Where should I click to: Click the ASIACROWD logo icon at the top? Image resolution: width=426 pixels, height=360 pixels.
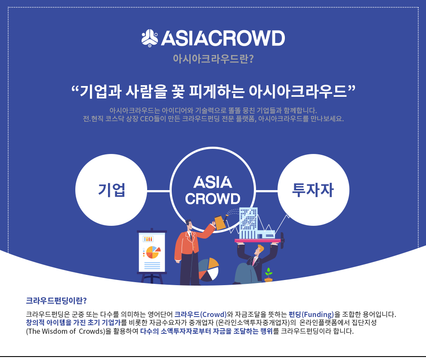[149, 38]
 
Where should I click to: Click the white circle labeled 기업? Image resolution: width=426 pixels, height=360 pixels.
[111, 190]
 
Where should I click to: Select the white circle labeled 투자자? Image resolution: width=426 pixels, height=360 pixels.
[313, 190]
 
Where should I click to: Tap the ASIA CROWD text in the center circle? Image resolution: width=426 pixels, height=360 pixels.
[213, 190]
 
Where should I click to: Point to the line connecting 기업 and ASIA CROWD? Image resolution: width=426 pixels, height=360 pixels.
[158, 191]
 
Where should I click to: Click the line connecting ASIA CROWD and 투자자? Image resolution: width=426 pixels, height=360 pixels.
[266, 191]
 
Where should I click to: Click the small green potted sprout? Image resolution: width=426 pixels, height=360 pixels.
[269, 275]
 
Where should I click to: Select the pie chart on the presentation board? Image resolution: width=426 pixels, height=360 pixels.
[153, 252]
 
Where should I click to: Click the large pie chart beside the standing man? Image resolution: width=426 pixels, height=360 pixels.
[209, 270]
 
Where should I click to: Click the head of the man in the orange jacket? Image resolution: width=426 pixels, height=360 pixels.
[189, 225]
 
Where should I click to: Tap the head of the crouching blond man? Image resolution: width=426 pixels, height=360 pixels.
[259, 250]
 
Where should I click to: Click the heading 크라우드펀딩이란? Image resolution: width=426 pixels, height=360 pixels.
[56, 301]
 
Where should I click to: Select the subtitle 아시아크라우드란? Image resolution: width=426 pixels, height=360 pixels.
[213, 58]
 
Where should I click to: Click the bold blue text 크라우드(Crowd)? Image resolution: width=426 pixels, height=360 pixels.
[201, 314]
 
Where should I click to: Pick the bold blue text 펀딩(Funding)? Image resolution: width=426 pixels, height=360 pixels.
[311, 314]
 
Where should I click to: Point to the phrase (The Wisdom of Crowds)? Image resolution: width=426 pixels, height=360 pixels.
[65, 331]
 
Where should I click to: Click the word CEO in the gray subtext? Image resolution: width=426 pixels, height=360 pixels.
[147, 119]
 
